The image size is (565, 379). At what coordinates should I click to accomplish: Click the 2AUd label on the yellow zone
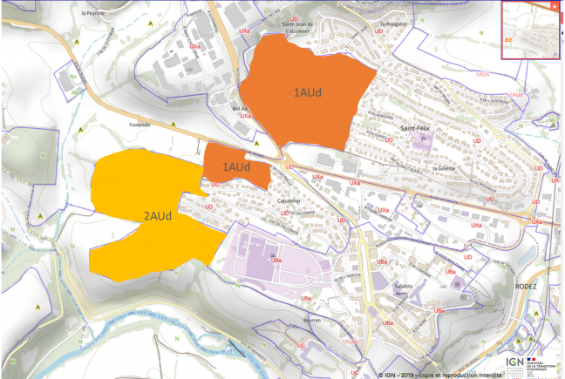tap(156, 216)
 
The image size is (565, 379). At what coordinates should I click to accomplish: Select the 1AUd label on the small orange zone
tap(236, 166)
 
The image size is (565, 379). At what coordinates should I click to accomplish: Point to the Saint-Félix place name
tap(414, 128)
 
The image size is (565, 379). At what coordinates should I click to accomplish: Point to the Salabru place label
tap(403, 287)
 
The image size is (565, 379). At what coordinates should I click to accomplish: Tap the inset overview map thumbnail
tap(531, 30)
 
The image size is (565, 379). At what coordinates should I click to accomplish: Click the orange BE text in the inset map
tap(509, 39)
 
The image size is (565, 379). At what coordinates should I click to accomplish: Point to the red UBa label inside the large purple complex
tap(276, 260)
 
